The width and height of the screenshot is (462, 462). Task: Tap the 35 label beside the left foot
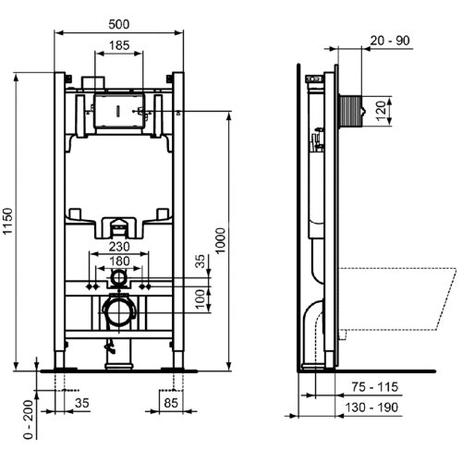(x=81, y=402)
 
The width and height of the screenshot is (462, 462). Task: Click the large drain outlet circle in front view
(x=116, y=312)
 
